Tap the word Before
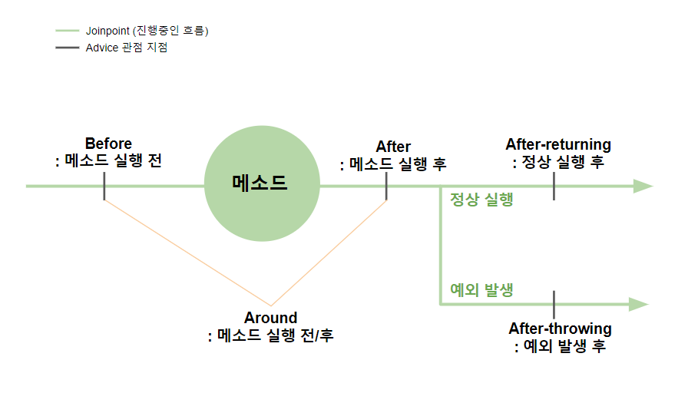pyautogui.click(x=108, y=144)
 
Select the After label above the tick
pyautogui.click(x=393, y=147)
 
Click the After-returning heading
pyautogui.click(x=558, y=144)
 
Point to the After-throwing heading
pyautogui.click(x=560, y=329)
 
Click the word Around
pyautogui.click(x=270, y=318)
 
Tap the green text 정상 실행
pyautogui.click(x=481, y=201)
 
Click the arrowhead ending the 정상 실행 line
pyautogui.click(x=642, y=186)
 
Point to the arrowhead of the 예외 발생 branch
pyautogui.click(x=639, y=304)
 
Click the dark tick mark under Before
pyautogui.click(x=104, y=186)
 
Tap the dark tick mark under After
pyautogui.click(x=386, y=186)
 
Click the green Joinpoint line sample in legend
pyautogui.click(x=67, y=31)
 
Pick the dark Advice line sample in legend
pyautogui.click(x=67, y=48)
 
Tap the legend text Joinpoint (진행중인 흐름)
pyautogui.click(x=147, y=31)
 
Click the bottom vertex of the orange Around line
pyautogui.click(x=270, y=305)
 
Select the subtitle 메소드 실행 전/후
pyautogui.click(x=275, y=335)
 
